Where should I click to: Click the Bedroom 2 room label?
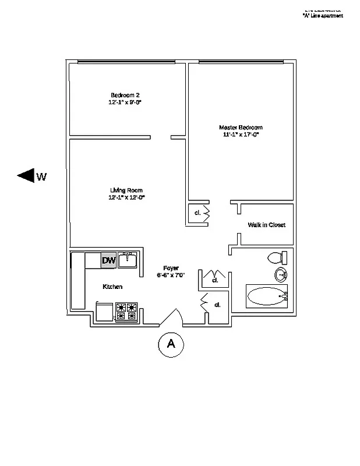(125, 95)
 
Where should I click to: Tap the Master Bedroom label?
(241, 128)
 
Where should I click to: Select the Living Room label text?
(126, 190)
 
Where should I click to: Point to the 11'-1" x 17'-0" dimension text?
(241, 135)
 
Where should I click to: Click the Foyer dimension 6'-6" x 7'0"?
(170, 275)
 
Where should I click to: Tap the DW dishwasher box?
(108, 260)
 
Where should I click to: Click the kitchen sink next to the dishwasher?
(127, 260)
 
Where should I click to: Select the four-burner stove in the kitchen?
(126, 312)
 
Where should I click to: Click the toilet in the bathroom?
(276, 257)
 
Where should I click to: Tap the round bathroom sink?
(281, 276)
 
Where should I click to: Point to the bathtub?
(267, 296)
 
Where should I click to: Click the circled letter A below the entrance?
(171, 344)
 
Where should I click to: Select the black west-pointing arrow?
(26, 175)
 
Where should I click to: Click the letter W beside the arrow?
(41, 176)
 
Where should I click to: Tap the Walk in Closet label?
(266, 225)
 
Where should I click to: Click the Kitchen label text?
(112, 287)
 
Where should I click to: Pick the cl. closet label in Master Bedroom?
(197, 213)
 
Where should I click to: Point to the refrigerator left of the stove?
(105, 312)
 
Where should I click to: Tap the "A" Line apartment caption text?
(322, 16)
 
